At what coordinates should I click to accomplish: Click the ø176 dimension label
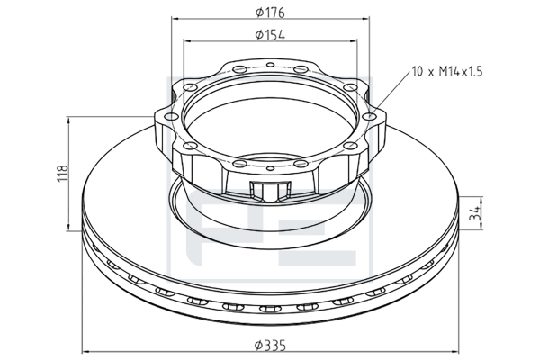coord(270,13)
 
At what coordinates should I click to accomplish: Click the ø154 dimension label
coord(270,35)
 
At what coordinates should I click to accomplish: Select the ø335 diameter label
coord(270,345)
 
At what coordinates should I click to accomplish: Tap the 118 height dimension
coord(63,174)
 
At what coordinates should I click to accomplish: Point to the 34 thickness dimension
coord(475,213)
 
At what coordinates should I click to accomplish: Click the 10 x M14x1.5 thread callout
coord(447,72)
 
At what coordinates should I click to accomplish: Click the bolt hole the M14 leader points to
coord(369,116)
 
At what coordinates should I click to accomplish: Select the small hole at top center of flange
coord(271,65)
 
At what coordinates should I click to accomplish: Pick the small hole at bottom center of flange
coord(271,168)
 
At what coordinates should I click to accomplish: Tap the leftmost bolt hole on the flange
coord(171,116)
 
